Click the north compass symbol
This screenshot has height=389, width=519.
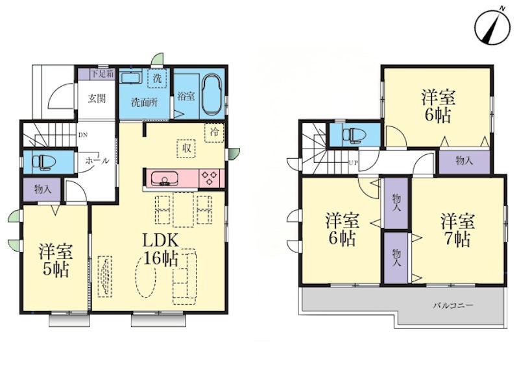point(492,29)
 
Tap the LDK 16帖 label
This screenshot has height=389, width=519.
point(161,250)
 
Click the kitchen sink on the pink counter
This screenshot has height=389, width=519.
point(165,179)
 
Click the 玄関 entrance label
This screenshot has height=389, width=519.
point(97,99)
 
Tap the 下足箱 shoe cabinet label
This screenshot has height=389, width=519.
point(103,73)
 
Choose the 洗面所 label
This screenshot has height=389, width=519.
point(144,102)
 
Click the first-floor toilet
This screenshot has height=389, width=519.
point(43,162)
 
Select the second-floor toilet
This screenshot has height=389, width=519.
point(354,135)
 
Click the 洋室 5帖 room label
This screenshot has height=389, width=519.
point(56,261)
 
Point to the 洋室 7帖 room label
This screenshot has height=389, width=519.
point(458,231)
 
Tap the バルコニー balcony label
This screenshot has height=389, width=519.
point(453,305)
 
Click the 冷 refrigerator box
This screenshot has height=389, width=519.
point(215,132)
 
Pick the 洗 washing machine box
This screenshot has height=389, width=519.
point(157,78)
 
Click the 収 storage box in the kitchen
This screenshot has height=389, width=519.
point(186,148)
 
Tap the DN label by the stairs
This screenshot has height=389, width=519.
point(83,135)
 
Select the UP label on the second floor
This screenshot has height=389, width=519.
point(353,163)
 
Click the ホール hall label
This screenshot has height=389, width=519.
point(97,161)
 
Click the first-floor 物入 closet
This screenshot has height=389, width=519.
point(42,189)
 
